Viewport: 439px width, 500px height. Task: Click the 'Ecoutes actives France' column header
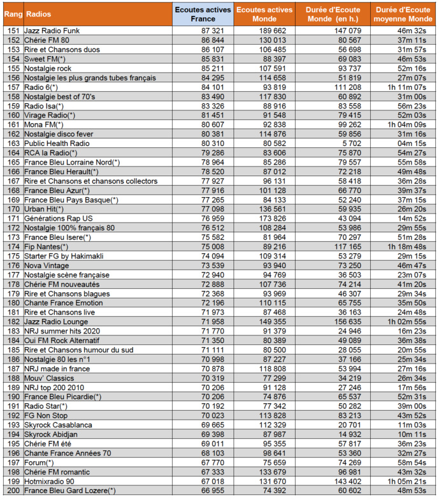203,14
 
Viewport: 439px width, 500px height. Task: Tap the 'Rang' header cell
13,14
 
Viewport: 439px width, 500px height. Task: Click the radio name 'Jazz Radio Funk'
51,30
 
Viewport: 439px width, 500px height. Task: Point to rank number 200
13,490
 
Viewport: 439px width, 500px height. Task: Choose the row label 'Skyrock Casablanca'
58,424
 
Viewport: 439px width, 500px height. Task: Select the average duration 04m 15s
412,143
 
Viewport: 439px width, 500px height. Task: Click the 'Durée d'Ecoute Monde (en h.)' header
334,14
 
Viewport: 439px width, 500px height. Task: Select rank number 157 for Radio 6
13,87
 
